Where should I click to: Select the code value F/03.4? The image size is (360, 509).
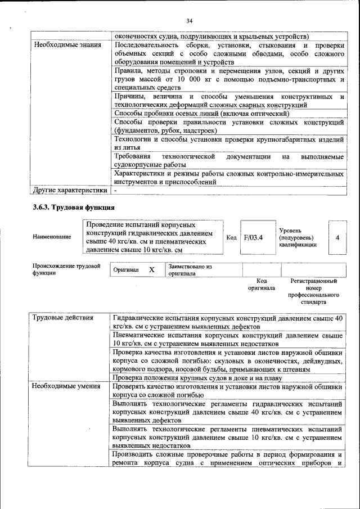point(253,237)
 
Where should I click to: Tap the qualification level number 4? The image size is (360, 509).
point(337,237)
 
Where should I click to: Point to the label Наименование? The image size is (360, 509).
point(52,237)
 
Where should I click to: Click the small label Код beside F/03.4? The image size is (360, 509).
point(231,237)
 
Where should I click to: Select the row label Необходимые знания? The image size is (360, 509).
point(63,44)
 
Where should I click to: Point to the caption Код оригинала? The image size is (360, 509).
point(262,284)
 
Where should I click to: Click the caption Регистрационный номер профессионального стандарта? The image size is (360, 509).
point(313,291)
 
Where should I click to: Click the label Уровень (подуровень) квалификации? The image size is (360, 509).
point(298,237)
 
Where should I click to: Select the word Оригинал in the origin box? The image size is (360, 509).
point(126,270)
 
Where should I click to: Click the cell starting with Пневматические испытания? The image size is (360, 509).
point(227,339)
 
